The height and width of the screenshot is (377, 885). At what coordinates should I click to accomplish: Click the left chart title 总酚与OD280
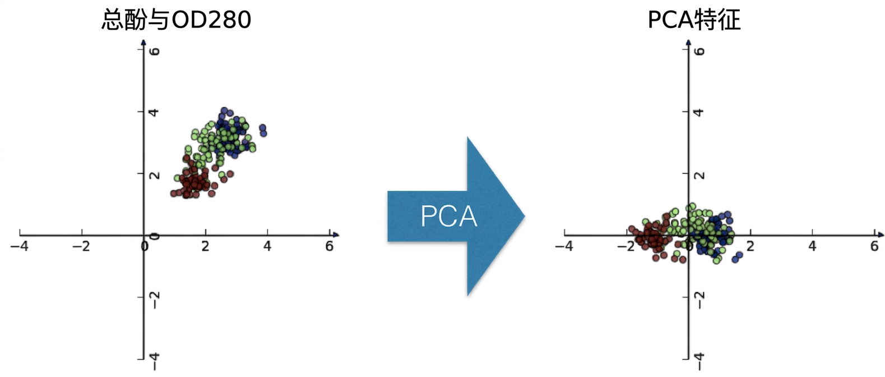176,20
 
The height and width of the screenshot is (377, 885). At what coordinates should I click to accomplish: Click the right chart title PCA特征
694,20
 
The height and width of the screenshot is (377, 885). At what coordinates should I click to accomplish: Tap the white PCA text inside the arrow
449,216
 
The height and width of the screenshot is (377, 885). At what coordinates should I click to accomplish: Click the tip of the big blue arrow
525,216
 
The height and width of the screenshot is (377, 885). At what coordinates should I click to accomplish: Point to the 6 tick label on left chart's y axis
155,51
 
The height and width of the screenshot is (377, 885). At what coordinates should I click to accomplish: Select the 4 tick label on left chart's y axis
155,112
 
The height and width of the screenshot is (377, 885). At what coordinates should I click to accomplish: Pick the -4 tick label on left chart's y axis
155,361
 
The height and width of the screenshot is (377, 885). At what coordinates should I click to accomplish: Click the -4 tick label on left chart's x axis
20,247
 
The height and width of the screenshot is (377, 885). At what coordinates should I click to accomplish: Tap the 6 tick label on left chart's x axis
330,247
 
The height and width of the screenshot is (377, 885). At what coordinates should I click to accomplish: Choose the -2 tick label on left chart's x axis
81,247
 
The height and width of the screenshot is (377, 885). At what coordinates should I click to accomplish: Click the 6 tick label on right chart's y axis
699,51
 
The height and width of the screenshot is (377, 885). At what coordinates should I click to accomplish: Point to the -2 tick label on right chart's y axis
699,300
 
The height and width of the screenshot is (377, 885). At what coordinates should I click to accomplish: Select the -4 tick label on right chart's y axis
699,361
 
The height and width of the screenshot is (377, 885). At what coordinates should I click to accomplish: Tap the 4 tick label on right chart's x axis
812,247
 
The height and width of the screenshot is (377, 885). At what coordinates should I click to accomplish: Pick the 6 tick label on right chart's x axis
874,247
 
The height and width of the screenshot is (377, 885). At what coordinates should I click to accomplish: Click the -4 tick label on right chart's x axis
564,247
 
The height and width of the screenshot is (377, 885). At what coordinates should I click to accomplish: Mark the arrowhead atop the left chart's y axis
143,42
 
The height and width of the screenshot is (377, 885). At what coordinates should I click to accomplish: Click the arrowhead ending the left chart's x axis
336,235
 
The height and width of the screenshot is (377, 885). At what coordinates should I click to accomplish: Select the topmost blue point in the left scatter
224,111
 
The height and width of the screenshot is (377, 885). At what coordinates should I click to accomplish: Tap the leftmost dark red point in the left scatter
173,194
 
